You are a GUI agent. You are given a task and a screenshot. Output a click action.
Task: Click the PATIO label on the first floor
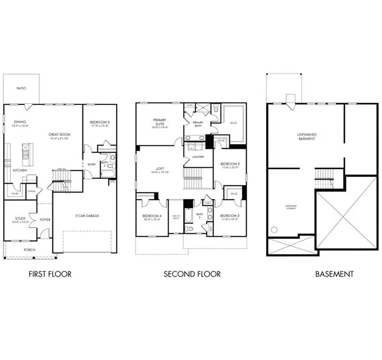click(x=21, y=88)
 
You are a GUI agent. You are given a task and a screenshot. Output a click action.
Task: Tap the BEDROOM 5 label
click(x=99, y=123)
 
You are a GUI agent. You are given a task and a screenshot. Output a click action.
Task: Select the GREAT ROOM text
click(x=59, y=135)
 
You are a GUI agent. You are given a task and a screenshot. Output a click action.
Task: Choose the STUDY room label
click(x=20, y=218)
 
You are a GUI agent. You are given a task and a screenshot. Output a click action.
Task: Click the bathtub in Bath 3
click(x=107, y=173)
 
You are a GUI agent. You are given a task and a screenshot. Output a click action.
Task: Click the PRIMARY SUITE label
click(x=160, y=121)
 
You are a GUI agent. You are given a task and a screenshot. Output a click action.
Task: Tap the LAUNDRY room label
click(x=198, y=157)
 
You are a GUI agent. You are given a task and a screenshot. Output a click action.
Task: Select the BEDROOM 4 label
click(x=152, y=216)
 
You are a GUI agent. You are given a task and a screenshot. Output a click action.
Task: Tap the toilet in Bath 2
click(x=188, y=229)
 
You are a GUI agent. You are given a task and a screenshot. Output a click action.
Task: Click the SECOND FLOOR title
click(x=192, y=274)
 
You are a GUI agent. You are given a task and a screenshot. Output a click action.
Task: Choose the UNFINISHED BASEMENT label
click(x=306, y=136)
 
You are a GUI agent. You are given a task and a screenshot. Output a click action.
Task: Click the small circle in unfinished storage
click(x=275, y=230)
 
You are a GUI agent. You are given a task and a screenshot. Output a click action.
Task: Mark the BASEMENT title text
click(x=334, y=274)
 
